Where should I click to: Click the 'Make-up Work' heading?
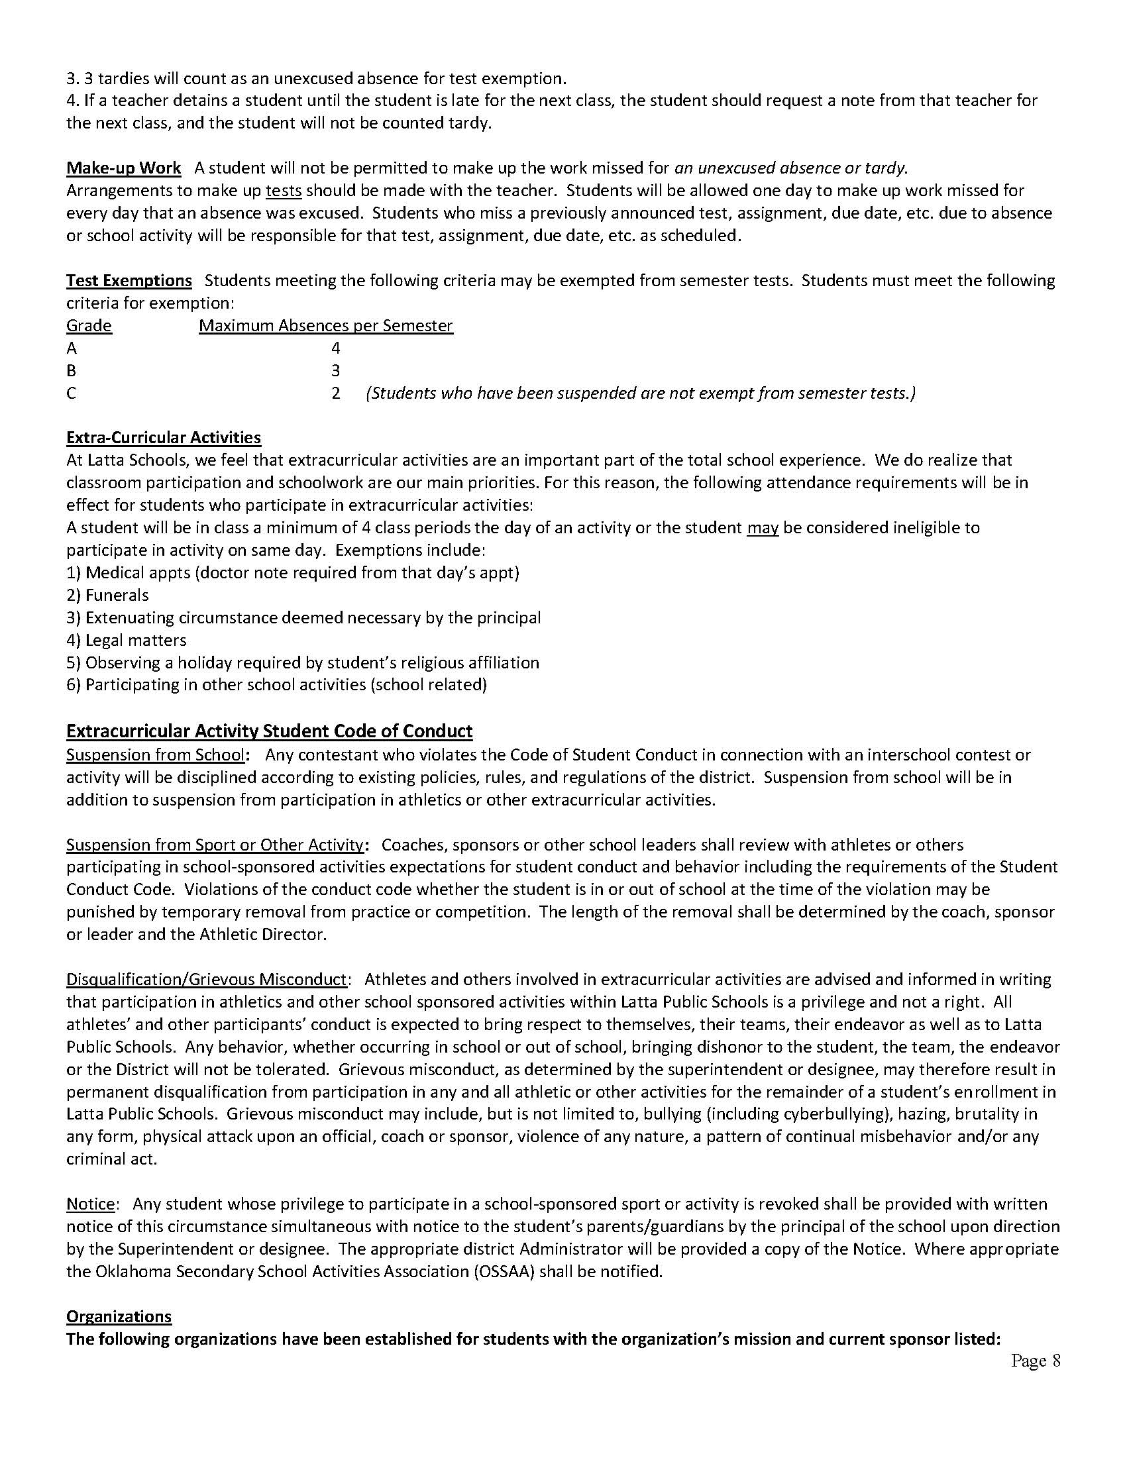tap(123, 168)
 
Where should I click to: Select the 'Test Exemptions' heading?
tap(129, 280)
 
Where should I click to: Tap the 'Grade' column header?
tap(89, 326)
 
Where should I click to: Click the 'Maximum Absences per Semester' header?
tap(326, 326)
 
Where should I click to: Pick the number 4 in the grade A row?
tap(336, 348)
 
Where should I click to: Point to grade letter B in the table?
tap(72, 370)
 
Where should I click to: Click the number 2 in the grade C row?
tap(336, 393)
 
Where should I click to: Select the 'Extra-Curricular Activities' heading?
tap(164, 437)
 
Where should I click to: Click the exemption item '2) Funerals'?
tap(107, 595)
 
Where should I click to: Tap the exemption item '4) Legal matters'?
tap(126, 640)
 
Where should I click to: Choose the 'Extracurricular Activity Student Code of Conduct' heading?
tap(269, 731)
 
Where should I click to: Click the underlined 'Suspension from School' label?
tap(155, 755)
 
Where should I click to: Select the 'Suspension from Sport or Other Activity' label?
tap(214, 845)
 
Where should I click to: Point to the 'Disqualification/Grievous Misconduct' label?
tap(206, 979)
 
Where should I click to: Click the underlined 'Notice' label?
tap(90, 1204)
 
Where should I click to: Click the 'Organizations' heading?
tap(119, 1316)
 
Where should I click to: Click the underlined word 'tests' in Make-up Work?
tap(284, 191)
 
